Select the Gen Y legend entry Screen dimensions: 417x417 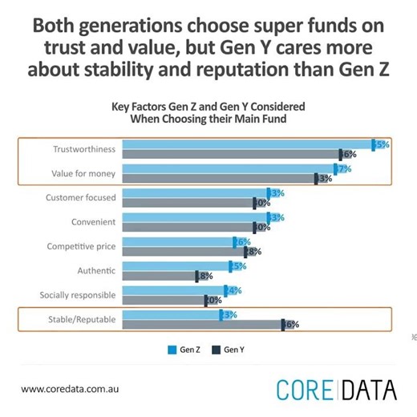coord(229,350)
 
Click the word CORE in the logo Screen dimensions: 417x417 coord(305,390)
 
